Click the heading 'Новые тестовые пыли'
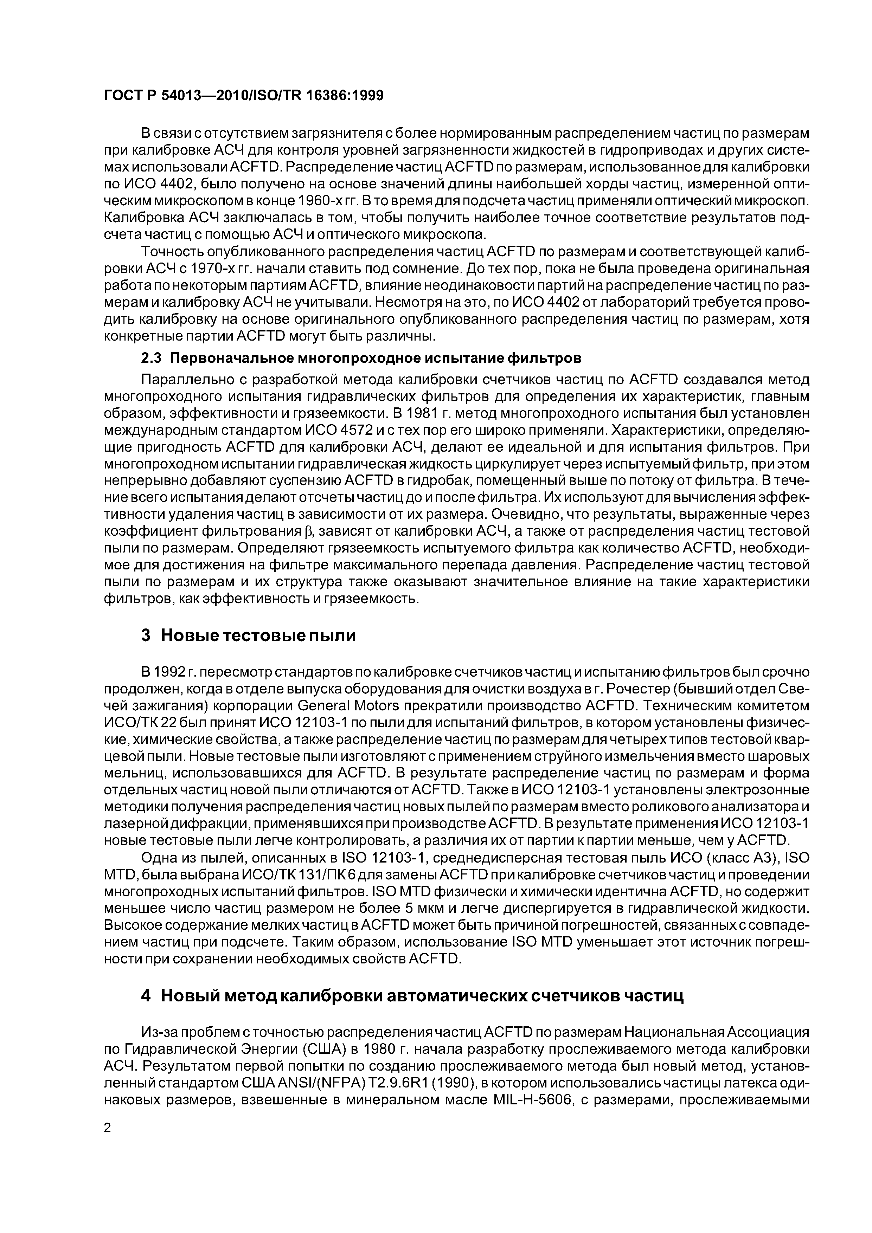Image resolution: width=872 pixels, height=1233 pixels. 258,636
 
